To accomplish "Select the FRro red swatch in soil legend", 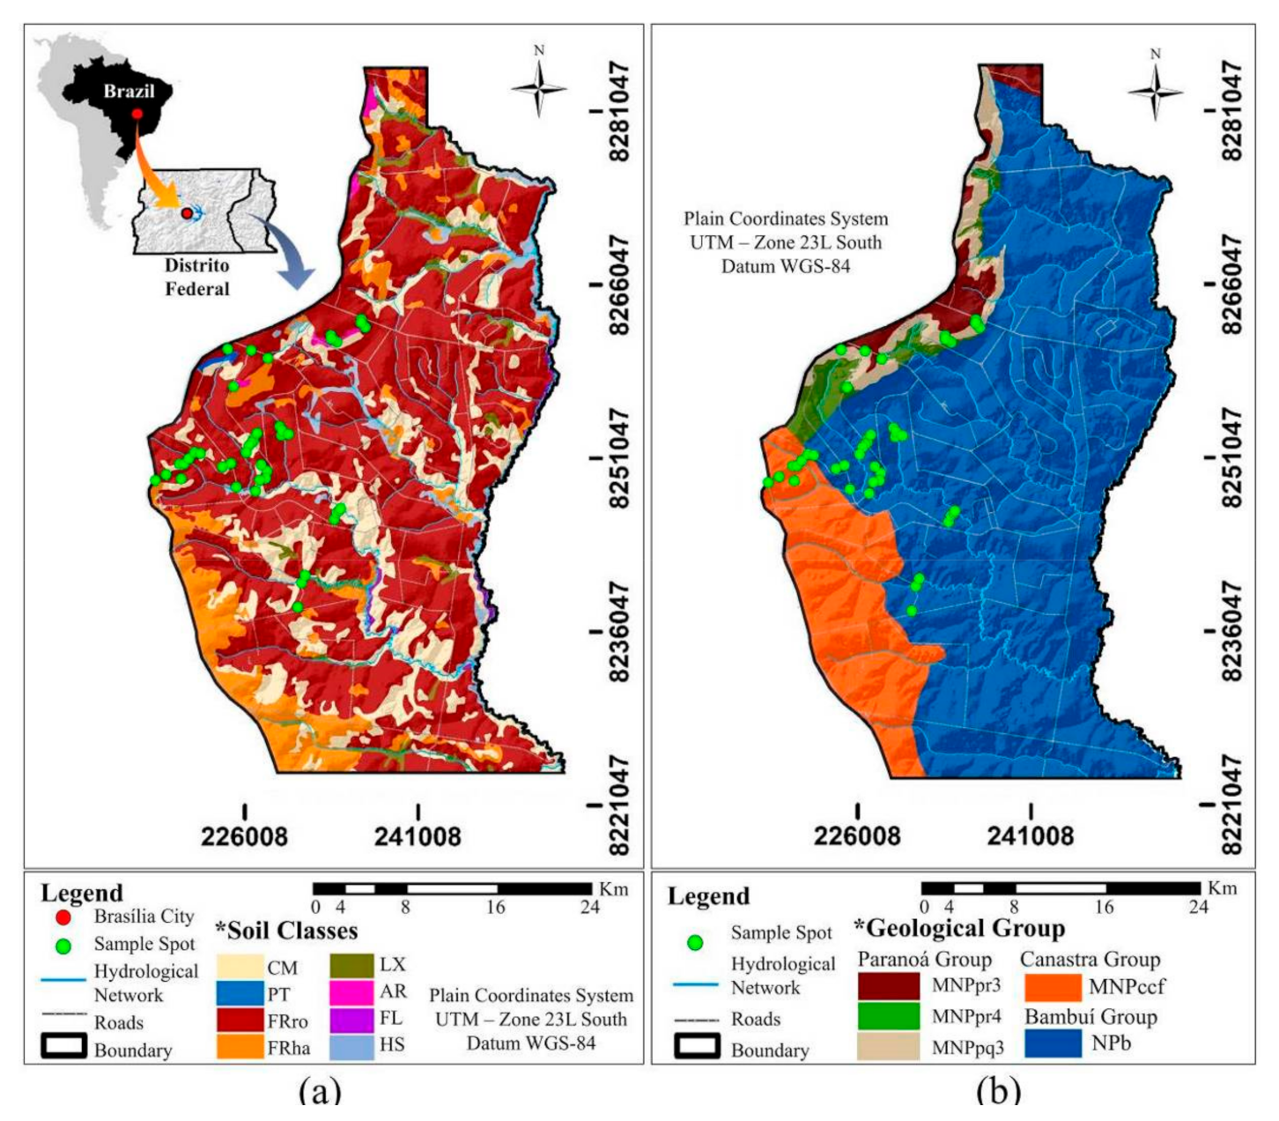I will click(239, 1021).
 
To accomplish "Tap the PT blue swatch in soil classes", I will click(239, 994).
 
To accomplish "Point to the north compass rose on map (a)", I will click(539, 85).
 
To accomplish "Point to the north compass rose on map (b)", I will click(1155, 89).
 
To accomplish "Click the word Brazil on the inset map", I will click(129, 91).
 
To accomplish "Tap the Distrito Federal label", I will click(196, 277).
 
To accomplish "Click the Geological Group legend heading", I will click(959, 928).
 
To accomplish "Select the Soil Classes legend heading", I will click(286, 931).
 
